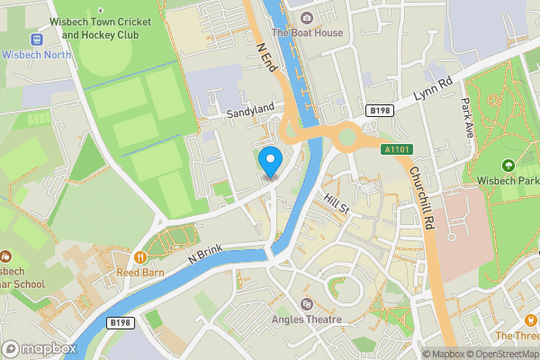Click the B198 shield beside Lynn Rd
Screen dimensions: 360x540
379,110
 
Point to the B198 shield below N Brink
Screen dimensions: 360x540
120,320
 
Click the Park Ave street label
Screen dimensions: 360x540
466,118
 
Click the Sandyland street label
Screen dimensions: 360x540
249,109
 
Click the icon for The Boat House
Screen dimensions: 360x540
307,17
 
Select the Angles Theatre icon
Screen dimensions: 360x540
307,304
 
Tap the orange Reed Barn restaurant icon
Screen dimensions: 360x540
139,257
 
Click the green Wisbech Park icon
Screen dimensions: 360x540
508,166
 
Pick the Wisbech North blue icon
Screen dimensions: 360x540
37,40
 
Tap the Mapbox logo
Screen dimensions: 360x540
38,348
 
